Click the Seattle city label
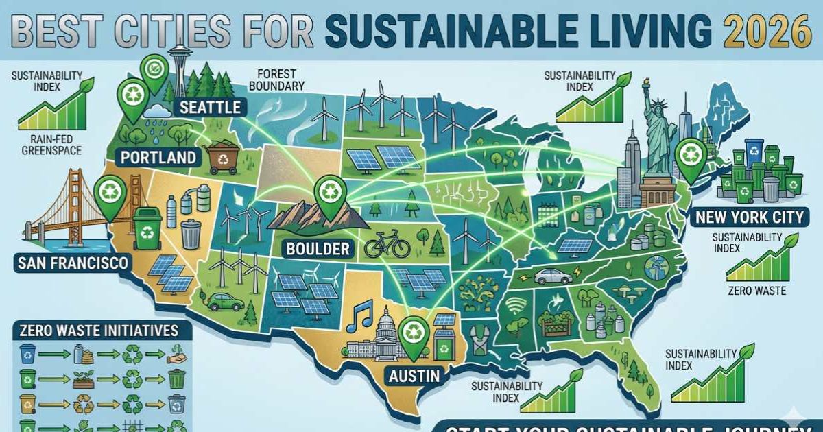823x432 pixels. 210,107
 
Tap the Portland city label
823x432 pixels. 158,157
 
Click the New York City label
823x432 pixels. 748,218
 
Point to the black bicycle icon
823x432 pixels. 387,245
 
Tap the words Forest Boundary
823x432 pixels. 280,80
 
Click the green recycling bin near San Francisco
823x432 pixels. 147,228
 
